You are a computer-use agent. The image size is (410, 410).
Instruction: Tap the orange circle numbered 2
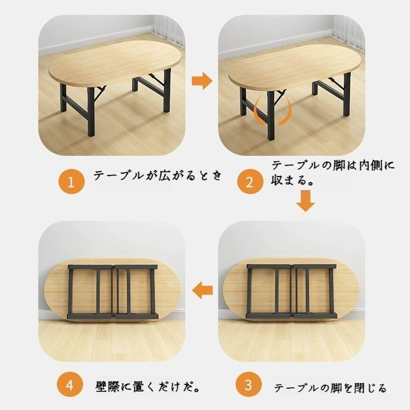249,181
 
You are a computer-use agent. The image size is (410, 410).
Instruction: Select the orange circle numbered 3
249,385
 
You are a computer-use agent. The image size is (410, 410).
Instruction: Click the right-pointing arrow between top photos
202,81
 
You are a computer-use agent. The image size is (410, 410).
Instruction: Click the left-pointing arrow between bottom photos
204,289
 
